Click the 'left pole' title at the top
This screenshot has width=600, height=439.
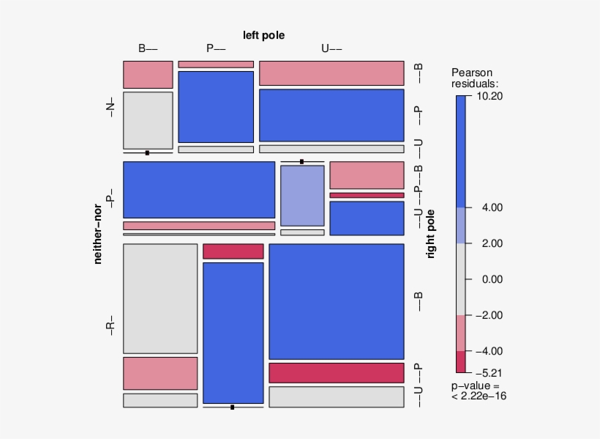click(263, 35)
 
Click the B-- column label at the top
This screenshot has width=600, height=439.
click(148, 49)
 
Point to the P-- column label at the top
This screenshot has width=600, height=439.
click(216, 49)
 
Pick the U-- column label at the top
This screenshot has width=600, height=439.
click(331, 49)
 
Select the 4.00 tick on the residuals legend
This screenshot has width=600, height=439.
click(484, 208)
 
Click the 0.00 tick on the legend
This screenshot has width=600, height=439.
click(484, 279)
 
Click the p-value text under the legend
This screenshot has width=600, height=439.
click(479, 391)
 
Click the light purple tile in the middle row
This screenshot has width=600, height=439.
click(302, 195)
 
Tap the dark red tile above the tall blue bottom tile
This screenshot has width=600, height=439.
click(233, 251)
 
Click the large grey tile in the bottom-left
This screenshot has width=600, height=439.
click(160, 298)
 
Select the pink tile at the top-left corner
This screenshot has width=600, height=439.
click(148, 74)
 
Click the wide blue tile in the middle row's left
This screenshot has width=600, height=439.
click(199, 189)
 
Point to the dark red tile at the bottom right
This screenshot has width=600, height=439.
click(337, 372)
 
